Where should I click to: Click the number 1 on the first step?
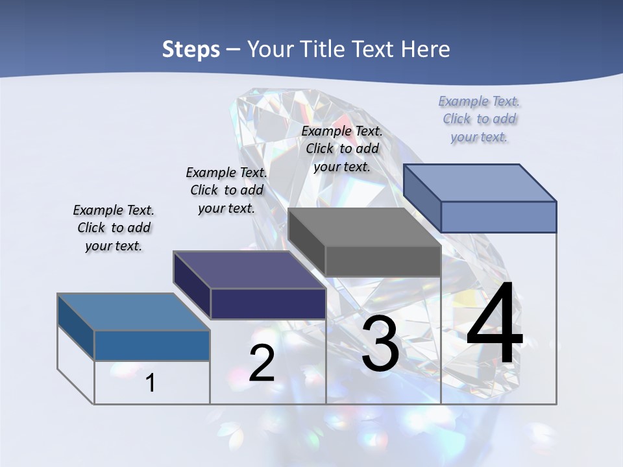click(x=151, y=383)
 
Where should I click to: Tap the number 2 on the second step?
click(x=262, y=363)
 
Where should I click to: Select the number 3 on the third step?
click(x=380, y=344)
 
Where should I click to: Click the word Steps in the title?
click(x=191, y=49)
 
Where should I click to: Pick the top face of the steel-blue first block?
click(x=134, y=312)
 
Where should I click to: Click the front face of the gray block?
click(x=383, y=261)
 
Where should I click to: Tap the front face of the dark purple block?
click(x=268, y=304)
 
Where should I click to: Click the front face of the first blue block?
click(x=152, y=346)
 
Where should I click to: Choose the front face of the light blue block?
click(x=498, y=217)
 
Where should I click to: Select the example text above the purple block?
click(x=226, y=190)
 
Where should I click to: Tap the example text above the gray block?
click(x=342, y=149)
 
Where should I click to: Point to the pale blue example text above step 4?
click(x=479, y=119)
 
